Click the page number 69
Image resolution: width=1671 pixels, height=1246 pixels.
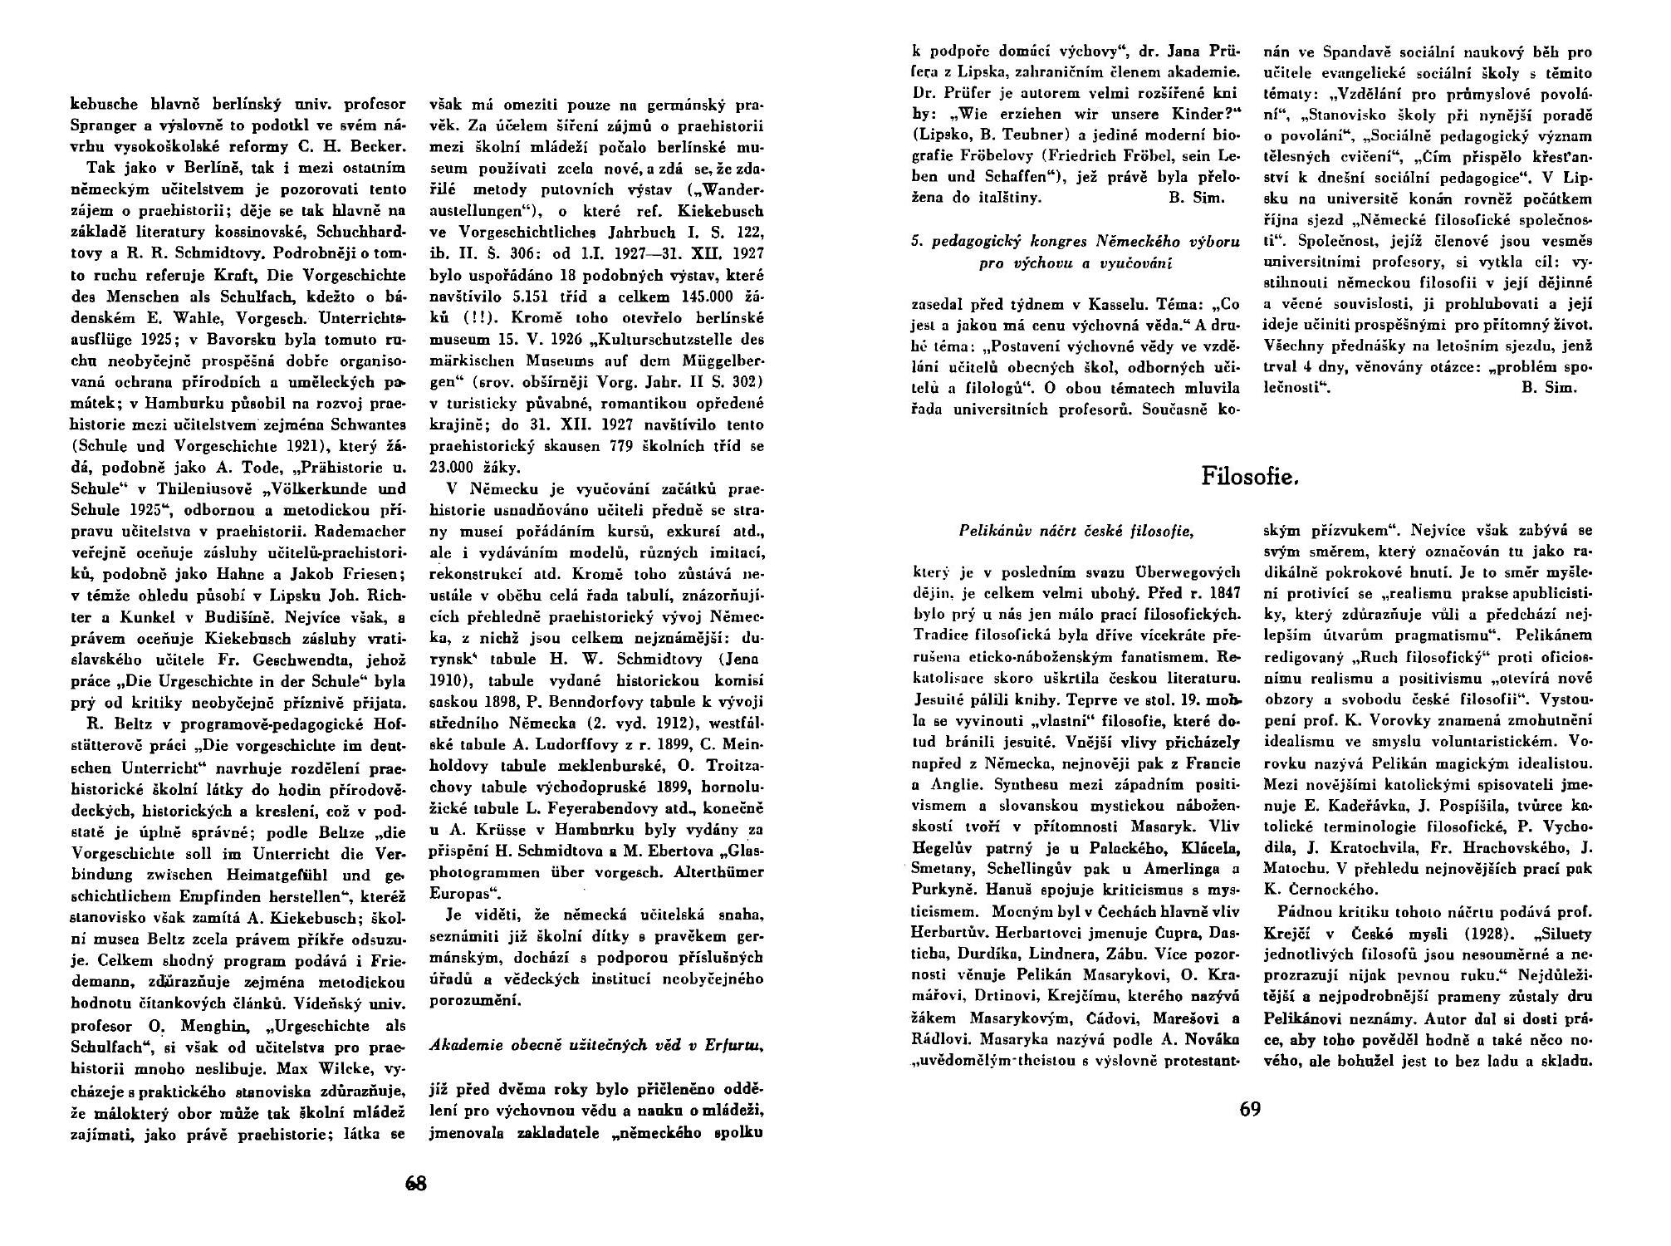pyautogui.click(x=1250, y=1110)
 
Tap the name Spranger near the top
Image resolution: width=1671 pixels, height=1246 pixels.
pyautogui.click(x=100, y=127)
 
